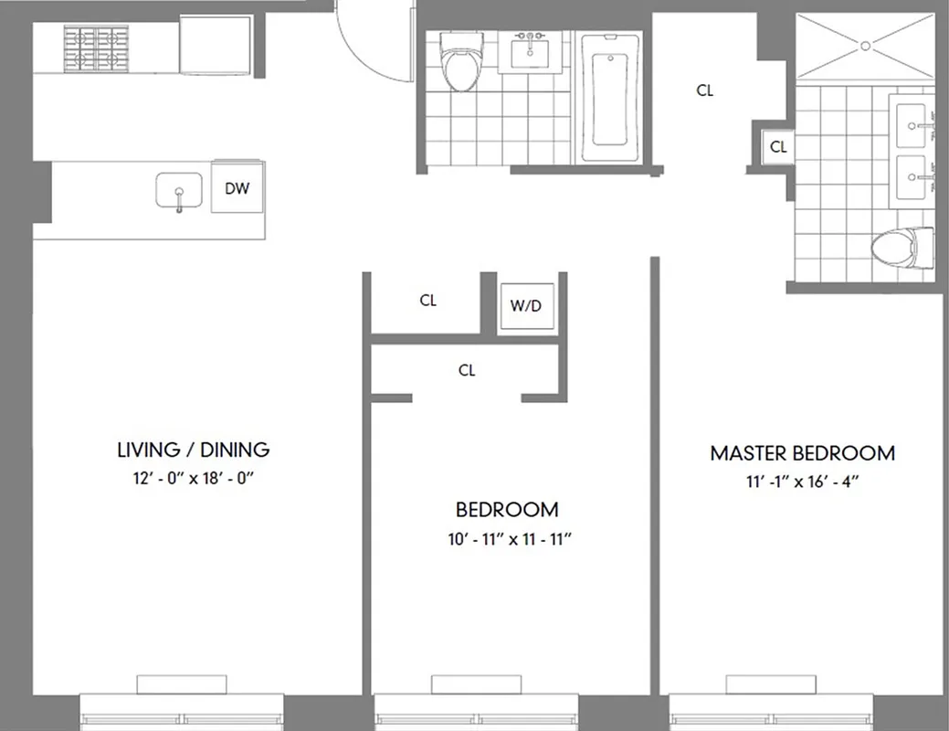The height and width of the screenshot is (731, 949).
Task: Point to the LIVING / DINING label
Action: [194, 450]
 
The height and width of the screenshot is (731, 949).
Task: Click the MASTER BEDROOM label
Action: [802, 453]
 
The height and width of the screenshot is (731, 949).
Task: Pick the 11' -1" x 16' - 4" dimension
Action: [801, 482]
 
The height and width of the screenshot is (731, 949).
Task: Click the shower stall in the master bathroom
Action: [864, 43]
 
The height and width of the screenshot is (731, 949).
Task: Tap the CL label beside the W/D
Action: [427, 301]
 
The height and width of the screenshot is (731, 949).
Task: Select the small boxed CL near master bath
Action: [777, 146]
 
